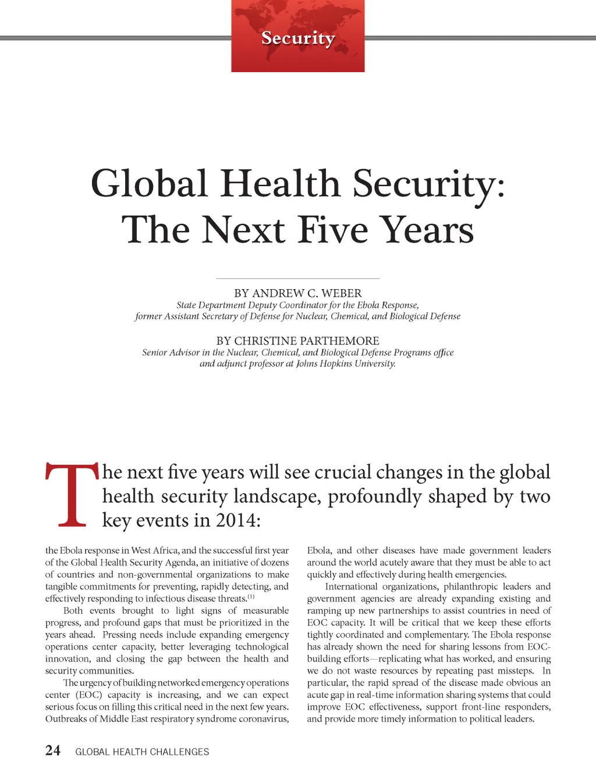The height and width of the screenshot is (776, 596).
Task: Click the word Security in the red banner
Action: click(298, 38)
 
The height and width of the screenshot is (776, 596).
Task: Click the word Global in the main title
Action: click(150, 184)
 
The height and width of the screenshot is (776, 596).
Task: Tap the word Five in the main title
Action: click(333, 230)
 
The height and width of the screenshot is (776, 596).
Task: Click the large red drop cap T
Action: click(72, 494)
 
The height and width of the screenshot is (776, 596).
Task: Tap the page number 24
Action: click(52, 751)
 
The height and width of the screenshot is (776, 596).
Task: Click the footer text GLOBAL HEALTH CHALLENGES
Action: click(142, 752)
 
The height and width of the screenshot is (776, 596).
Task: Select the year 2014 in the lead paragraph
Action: click(237, 520)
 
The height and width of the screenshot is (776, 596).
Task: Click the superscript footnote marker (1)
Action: click(251, 597)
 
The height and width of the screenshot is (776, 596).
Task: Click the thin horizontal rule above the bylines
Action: click(297, 279)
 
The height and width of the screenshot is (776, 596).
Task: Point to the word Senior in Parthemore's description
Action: click(155, 353)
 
